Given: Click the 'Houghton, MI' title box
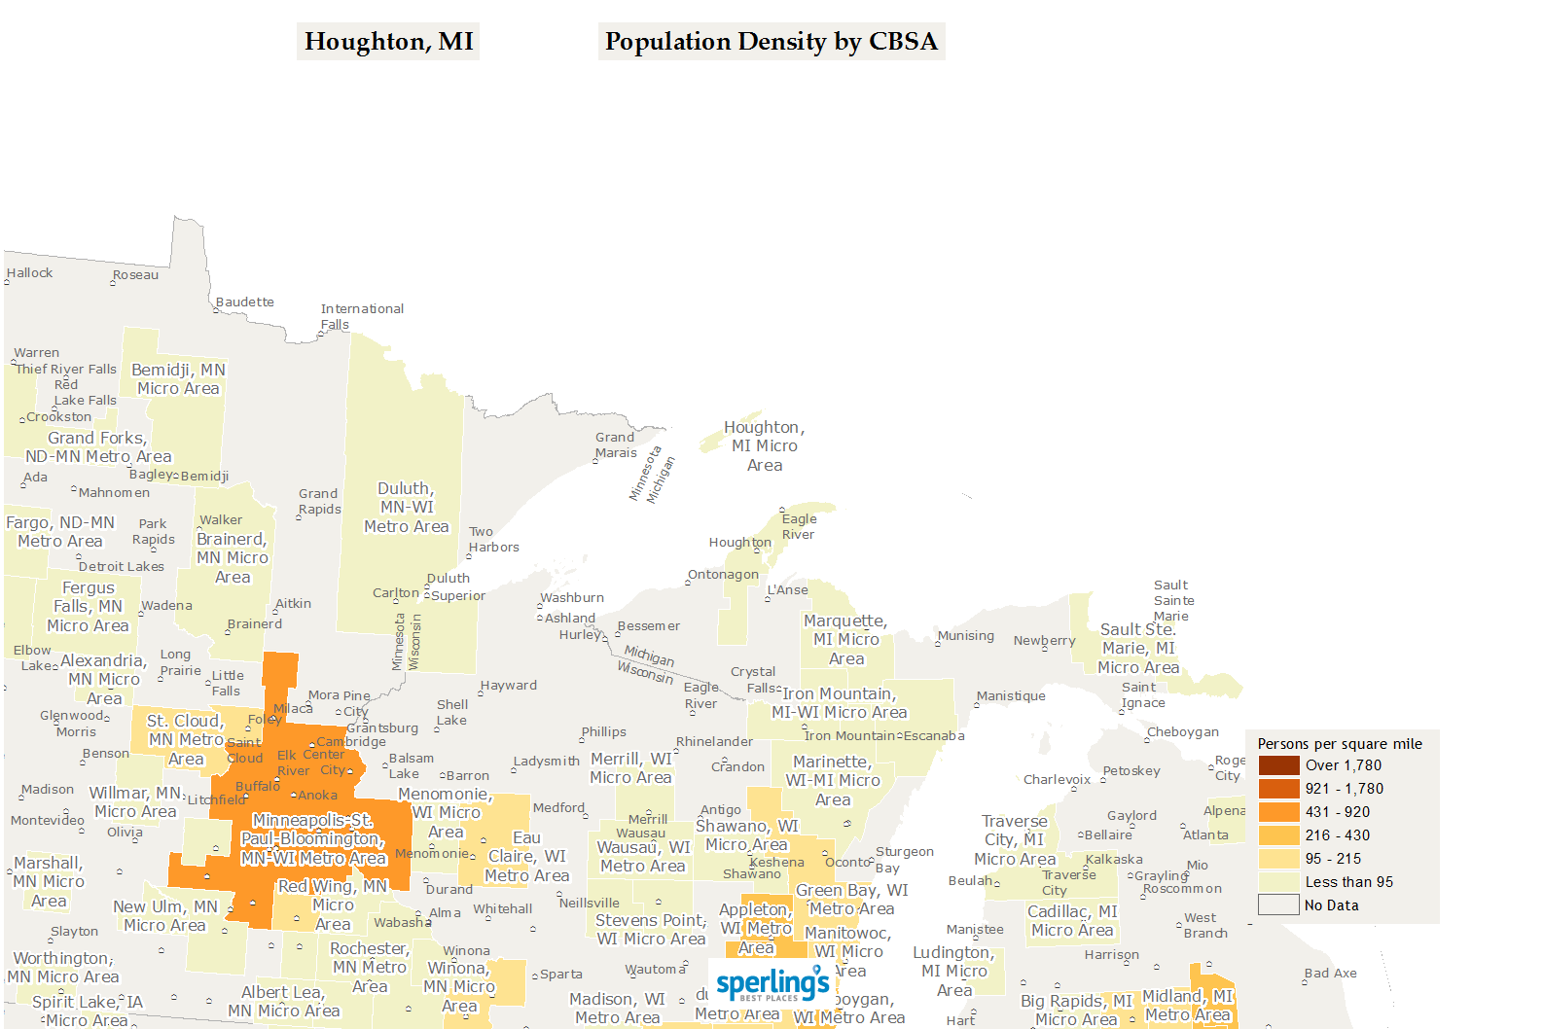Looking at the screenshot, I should click(x=388, y=42).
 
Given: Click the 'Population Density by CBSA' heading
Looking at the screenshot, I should click(x=771, y=42).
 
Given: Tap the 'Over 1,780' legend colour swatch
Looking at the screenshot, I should click(x=1278, y=765).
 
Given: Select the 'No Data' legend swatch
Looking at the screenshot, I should click(x=1278, y=905).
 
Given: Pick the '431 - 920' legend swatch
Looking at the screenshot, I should click(x=1278, y=812).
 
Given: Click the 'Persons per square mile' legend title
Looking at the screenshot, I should click(x=1339, y=744).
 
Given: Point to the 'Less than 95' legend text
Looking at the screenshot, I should click(x=1348, y=882).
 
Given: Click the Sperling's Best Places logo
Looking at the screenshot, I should click(x=772, y=984).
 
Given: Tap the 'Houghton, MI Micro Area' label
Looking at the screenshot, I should click(x=765, y=446).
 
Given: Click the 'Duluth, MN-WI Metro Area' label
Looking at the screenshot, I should click(x=407, y=508).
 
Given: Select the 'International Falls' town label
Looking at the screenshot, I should click(x=361, y=316).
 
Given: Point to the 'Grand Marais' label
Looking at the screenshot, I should click(x=616, y=444).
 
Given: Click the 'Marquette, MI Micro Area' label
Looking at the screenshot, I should click(x=845, y=640).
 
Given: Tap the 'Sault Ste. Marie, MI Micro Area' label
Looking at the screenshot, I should click(x=1138, y=649).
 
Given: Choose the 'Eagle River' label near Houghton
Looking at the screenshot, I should click(x=799, y=526).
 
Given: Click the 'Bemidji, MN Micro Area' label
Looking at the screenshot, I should click(x=178, y=379).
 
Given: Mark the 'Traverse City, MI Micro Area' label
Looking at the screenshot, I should click(x=1015, y=840).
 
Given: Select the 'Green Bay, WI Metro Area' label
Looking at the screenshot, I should click(x=851, y=900).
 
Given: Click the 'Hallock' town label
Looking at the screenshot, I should click(x=30, y=273).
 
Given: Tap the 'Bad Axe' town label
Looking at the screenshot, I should click(x=1330, y=973).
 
